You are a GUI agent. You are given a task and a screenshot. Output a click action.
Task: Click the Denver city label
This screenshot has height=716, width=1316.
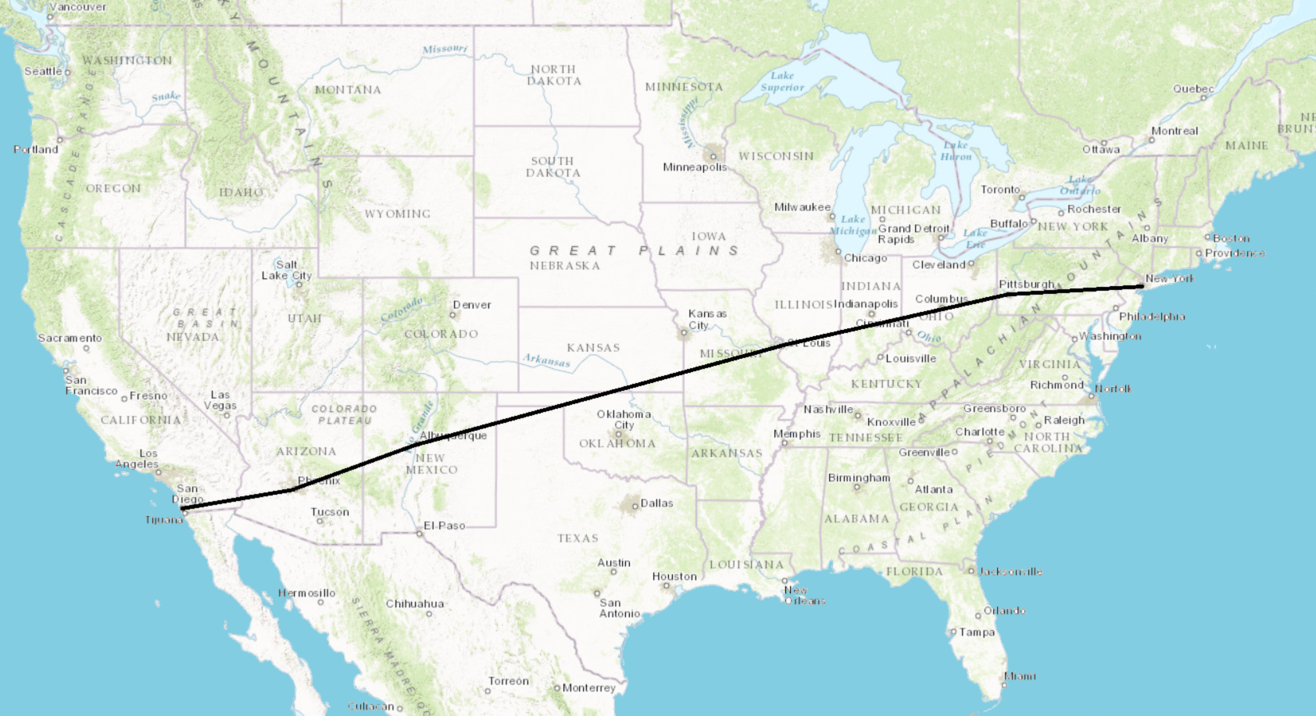(x=472, y=305)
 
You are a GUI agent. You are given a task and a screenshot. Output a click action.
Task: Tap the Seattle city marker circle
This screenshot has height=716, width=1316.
(x=68, y=73)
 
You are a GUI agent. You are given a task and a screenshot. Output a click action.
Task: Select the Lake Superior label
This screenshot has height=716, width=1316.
(x=782, y=82)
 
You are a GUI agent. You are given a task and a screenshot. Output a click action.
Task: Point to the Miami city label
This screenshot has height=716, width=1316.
(x=1020, y=676)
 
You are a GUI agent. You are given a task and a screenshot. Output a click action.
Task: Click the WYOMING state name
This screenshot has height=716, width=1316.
(x=398, y=214)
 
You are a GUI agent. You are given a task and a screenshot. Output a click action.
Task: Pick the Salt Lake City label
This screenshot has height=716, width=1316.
(x=287, y=270)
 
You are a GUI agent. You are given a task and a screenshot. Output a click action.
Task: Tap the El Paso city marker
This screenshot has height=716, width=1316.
(x=420, y=534)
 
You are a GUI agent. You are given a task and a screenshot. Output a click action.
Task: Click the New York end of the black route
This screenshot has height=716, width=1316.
(x=1142, y=287)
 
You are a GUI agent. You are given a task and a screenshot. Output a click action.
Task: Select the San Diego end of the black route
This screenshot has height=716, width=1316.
(x=183, y=508)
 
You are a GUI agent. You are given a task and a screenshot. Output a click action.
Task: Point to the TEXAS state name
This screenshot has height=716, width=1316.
(x=577, y=538)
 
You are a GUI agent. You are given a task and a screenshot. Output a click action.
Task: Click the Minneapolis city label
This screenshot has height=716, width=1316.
(x=694, y=167)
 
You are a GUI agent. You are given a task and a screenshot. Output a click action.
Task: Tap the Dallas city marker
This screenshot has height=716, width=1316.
(x=635, y=506)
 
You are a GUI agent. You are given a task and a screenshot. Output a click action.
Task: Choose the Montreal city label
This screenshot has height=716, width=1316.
(x=1174, y=131)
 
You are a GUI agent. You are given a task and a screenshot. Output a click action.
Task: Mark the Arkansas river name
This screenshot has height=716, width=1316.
(x=546, y=360)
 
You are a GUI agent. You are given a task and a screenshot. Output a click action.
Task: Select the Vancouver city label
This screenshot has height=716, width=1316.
(x=78, y=7)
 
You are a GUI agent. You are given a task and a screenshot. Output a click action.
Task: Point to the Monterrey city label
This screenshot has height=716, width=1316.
(x=589, y=688)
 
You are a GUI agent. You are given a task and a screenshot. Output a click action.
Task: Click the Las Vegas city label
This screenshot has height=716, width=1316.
(x=220, y=400)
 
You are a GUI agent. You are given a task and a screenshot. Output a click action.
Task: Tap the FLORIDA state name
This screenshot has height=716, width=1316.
(x=914, y=571)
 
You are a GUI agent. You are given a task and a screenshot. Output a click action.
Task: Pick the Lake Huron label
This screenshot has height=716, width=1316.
(x=956, y=151)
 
